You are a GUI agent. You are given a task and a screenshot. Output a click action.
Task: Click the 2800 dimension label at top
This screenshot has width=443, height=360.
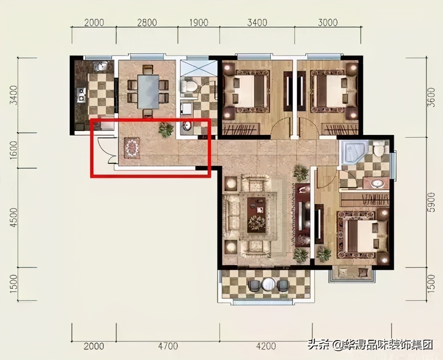(147, 23)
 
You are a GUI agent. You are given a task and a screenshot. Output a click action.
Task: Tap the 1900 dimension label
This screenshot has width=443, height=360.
(198, 23)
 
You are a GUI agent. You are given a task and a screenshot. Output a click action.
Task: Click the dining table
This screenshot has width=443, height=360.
(148, 91)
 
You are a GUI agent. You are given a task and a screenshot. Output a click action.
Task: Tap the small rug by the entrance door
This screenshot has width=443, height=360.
(132, 148)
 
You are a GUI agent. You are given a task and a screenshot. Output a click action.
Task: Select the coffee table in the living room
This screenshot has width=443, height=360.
(257, 214)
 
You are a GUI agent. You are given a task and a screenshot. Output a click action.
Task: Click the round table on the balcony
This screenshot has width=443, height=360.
(268, 284)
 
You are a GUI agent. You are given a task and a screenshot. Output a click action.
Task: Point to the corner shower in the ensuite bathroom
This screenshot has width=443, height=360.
(353, 152)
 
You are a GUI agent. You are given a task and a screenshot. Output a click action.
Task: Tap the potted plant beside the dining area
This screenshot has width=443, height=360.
(166, 130)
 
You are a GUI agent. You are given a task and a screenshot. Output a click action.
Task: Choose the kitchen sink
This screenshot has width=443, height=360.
(99, 66)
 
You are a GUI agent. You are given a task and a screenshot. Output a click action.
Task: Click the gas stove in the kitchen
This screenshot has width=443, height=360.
(82, 95)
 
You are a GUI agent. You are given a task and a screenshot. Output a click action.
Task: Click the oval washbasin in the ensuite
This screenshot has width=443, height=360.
(377, 184)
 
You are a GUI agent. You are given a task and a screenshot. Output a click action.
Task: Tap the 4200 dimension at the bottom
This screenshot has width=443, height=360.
(266, 346)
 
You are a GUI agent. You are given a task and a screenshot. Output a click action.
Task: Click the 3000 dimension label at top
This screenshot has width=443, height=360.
(327, 23)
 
